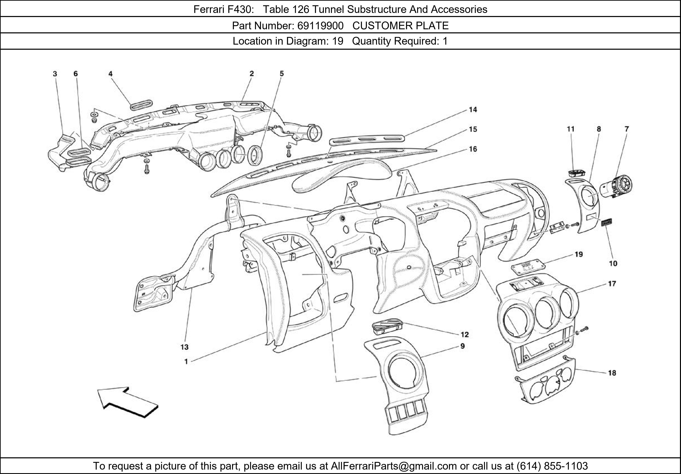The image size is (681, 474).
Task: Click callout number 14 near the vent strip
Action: coord(473,110)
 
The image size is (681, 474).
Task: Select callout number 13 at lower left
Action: coord(185,347)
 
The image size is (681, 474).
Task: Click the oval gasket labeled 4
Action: coord(141,105)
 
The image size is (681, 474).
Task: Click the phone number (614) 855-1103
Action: coord(552,466)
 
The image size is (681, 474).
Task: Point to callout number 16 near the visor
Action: coord(473,149)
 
